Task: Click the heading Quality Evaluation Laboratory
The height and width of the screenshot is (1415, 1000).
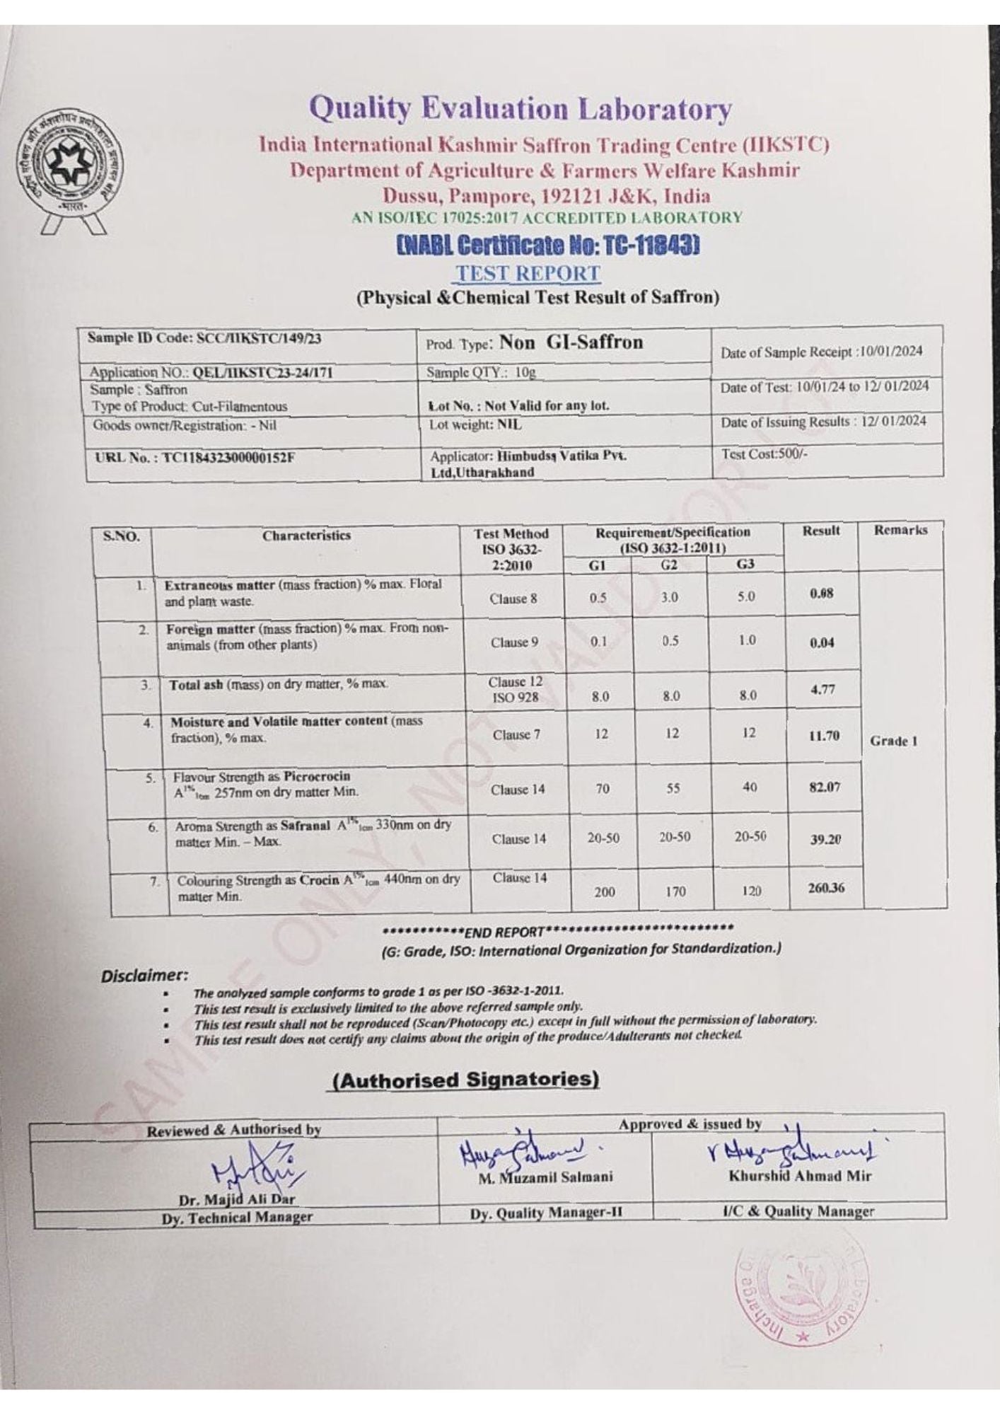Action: (x=521, y=110)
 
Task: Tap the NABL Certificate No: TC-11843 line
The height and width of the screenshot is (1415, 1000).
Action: (x=548, y=246)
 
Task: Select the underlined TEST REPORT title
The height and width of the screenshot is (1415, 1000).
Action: (x=528, y=273)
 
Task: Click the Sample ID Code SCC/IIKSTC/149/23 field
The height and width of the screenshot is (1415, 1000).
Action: (x=204, y=338)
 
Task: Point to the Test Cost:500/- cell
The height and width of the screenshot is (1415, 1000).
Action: (x=764, y=455)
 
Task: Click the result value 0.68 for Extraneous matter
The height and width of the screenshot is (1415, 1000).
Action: (x=821, y=594)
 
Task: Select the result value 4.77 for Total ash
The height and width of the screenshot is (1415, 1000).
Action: (x=822, y=689)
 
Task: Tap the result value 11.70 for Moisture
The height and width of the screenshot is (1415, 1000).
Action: (x=823, y=736)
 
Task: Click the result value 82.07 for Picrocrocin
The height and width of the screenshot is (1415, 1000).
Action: (x=824, y=787)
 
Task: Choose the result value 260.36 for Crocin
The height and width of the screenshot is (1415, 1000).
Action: (x=826, y=887)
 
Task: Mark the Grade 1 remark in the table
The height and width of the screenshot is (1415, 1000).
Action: (x=894, y=741)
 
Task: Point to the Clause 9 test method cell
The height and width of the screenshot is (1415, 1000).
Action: (x=514, y=642)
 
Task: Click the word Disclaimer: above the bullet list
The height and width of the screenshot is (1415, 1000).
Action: (x=145, y=976)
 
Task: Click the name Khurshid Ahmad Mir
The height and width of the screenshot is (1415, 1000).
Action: (x=800, y=1176)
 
